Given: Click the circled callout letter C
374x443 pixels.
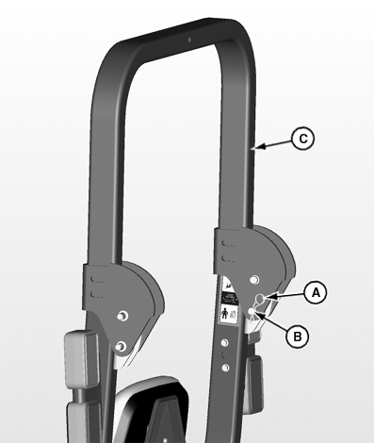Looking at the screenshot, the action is (x=302, y=139).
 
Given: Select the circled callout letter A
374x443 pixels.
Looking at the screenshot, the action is (x=316, y=292).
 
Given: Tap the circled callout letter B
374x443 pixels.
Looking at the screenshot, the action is (x=298, y=336).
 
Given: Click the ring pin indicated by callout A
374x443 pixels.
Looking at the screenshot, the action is (x=260, y=299).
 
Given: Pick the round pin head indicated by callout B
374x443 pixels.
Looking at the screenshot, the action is (x=252, y=311).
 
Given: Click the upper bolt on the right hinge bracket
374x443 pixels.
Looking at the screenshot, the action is (x=254, y=279).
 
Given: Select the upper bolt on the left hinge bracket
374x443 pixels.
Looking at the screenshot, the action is (x=122, y=316).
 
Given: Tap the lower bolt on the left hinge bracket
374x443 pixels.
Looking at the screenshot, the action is (x=121, y=347).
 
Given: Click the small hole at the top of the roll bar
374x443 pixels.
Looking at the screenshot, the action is (x=189, y=40).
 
